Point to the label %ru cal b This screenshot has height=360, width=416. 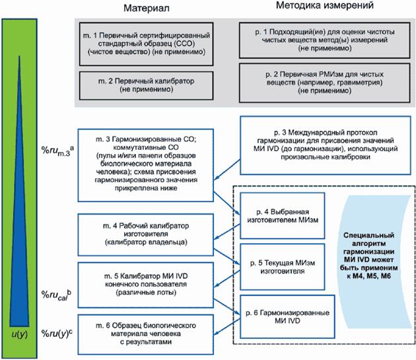pos(55,294)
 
